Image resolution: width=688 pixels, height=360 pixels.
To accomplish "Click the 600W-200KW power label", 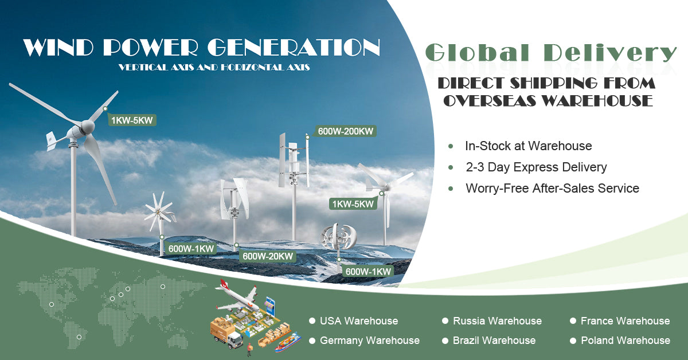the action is (346, 131).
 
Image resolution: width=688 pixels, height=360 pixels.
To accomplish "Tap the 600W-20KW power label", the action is (268, 256).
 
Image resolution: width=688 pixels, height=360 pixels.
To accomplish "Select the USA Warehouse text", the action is (359, 321).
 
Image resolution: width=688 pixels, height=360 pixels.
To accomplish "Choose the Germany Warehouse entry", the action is (369, 341).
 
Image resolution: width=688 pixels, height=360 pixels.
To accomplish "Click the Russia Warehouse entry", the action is (497, 321).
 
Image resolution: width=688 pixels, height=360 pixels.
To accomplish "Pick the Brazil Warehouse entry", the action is (494, 341).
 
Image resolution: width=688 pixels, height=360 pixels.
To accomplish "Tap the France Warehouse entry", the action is (625, 321).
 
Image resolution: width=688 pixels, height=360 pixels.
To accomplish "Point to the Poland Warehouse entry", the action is (626, 341).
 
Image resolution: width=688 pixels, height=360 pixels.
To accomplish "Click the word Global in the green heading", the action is (477, 53).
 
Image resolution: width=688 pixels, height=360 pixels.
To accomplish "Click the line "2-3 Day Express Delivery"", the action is (536, 167).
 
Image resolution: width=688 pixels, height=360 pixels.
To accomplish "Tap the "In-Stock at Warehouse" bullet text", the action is (528, 146).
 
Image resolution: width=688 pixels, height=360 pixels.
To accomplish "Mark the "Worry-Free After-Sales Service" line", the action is (552, 188).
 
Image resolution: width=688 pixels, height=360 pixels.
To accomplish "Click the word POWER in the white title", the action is (150, 48).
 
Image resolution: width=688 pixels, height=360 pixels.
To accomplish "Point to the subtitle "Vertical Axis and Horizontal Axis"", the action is (214, 67).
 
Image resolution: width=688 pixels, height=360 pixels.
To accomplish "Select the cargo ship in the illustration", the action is (288, 342).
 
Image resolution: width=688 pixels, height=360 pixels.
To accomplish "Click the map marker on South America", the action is (79, 337).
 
